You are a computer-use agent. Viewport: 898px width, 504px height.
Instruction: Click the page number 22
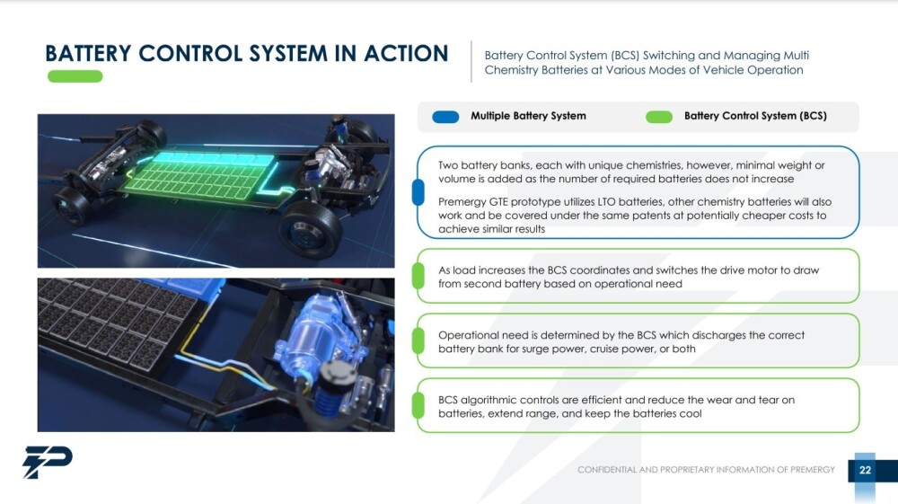tap(865, 470)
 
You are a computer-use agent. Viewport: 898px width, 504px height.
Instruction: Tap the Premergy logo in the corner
tap(48, 462)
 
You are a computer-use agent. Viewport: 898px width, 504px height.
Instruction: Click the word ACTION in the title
tap(406, 53)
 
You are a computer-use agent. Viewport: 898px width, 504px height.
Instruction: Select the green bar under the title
tap(75, 76)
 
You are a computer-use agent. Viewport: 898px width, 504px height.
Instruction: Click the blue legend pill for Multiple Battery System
tap(445, 117)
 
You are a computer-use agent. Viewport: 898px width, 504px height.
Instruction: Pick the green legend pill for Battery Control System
tap(659, 117)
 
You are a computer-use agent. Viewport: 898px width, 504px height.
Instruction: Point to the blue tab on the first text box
tap(418, 192)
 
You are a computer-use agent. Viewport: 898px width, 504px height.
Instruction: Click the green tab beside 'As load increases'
tap(418, 276)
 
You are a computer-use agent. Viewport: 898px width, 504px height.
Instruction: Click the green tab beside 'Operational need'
tap(418, 340)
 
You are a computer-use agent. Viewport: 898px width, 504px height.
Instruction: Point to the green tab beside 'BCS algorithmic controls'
tap(418, 405)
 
